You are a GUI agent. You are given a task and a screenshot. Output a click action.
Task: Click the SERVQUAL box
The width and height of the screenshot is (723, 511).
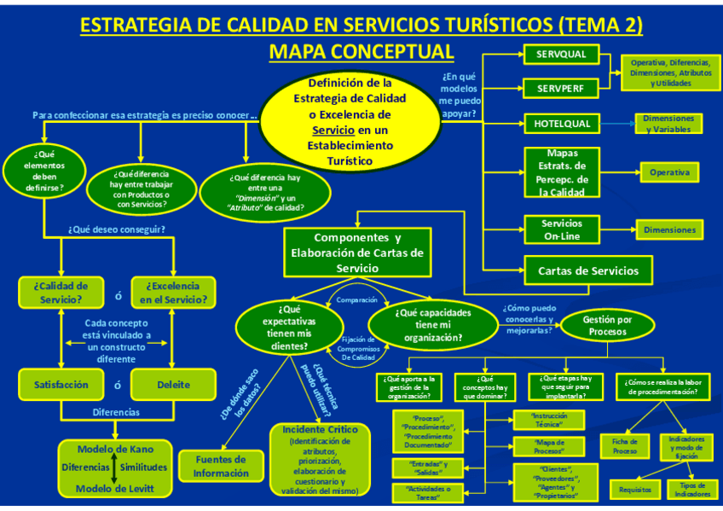click(561, 55)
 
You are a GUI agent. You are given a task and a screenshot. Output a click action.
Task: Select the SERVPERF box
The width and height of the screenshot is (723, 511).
click(561, 88)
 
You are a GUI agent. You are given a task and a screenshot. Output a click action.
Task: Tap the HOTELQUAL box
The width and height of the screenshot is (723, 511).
click(562, 124)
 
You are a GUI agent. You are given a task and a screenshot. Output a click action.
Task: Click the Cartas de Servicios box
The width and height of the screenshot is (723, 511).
click(587, 271)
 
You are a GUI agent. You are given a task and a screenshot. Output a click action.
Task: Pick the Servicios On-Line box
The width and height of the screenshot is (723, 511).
click(562, 229)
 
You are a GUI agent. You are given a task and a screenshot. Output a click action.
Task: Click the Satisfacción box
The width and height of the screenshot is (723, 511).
click(61, 385)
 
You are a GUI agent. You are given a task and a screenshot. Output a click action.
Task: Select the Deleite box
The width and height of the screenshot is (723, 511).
click(173, 385)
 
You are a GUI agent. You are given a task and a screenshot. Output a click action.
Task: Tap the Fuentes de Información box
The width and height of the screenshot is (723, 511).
click(221, 466)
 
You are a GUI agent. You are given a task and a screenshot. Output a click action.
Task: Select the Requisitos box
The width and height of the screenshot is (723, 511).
click(635, 490)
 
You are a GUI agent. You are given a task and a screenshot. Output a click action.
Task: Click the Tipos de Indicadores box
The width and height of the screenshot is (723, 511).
click(691, 490)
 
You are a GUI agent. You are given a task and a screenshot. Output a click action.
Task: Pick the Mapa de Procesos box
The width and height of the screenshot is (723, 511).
click(548, 446)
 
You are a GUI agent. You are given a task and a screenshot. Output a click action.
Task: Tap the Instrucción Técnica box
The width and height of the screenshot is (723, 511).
click(548, 419)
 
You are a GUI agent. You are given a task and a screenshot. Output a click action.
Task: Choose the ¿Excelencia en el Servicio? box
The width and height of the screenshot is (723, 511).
click(173, 293)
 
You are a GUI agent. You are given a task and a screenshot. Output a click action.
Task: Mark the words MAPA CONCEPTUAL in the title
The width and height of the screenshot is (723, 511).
click(361, 52)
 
